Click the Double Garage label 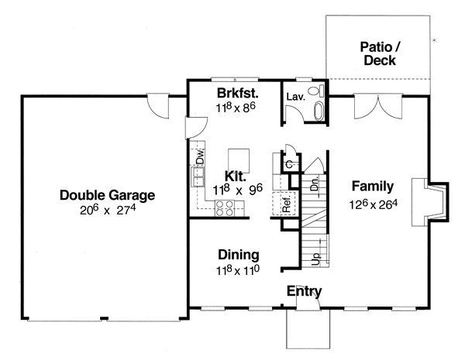click(108, 195)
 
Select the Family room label click(373, 186)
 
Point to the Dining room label click(239, 255)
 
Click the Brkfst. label click(238, 93)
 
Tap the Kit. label click(236, 177)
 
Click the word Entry click(304, 291)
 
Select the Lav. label click(296, 97)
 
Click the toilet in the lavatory click(316, 91)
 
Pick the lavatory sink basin click(319, 111)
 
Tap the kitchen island click(239, 161)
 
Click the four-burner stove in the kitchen click(225, 208)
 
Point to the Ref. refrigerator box click(284, 204)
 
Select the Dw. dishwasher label click(201, 156)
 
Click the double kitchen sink click(198, 177)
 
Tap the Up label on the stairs click(316, 259)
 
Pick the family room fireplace click(429, 202)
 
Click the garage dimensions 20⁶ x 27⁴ click(108, 210)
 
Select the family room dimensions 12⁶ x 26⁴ click(374, 204)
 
